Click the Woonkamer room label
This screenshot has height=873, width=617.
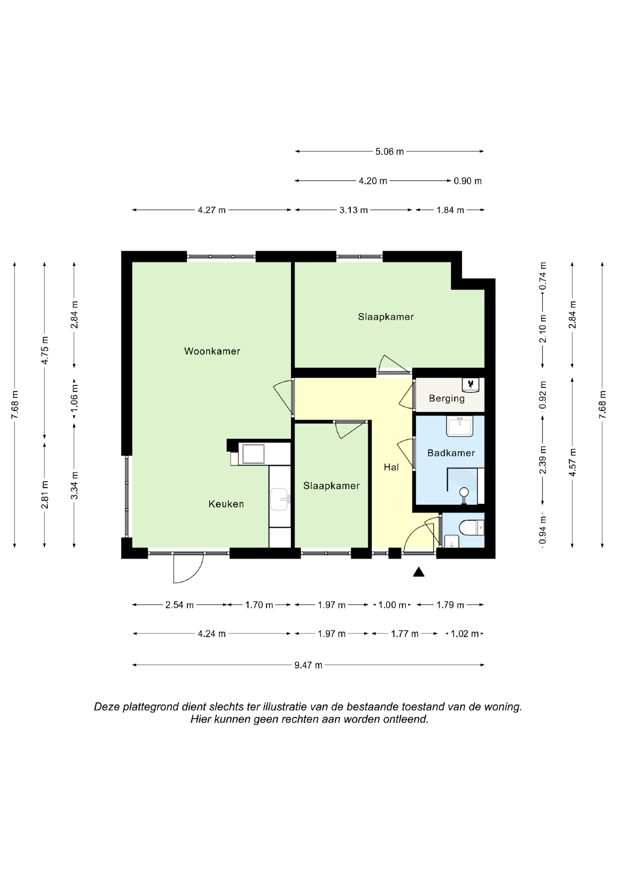[x=212, y=351]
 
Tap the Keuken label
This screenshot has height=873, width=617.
[x=226, y=504]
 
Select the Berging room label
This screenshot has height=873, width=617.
[x=447, y=398]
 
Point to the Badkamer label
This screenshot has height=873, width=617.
[x=451, y=453]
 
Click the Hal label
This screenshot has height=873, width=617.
[x=391, y=467]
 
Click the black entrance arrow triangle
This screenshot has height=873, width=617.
[x=419, y=572]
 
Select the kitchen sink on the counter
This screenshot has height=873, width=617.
[x=280, y=499]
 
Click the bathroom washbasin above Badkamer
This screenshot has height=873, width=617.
[x=460, y=426]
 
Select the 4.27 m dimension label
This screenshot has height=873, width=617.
[x=212, y=210]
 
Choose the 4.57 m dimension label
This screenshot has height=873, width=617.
[x=573, y=462]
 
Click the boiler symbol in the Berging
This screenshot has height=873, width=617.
[x=471, y=385]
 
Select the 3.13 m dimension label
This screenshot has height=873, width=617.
[x=354, y=210]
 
